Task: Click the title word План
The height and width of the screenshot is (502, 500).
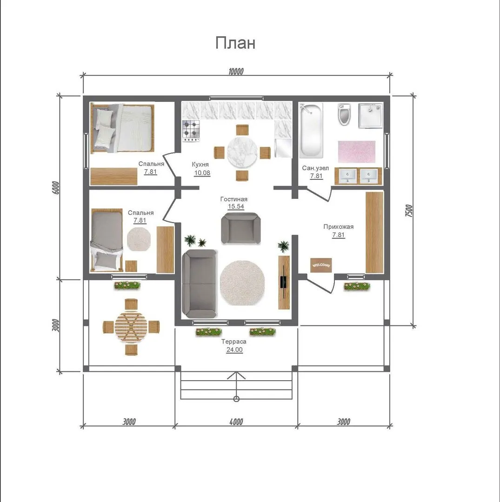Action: (x=235, y=43)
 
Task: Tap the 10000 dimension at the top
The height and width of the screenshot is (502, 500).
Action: (x=236, y=71)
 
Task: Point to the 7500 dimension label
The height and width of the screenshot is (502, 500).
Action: (x=409, y=211)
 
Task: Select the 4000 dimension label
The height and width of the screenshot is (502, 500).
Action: (x=236, y=422)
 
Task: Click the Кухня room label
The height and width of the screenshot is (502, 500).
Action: (x=200, y=164)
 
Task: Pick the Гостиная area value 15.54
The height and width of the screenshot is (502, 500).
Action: (x=236, y=206)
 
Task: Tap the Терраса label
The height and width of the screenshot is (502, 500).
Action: (x=234, y=342)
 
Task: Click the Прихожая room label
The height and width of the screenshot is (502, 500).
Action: (x=338, y=227)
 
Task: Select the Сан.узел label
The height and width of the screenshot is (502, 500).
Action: (x=315, y=168)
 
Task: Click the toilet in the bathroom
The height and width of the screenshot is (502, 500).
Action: (x=345, y=114)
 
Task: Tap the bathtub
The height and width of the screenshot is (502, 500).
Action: (x=311, y=131)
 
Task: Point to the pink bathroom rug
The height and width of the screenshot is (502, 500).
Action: (x=356, y=152)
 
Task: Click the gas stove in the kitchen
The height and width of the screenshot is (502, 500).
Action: (x=191, y=131)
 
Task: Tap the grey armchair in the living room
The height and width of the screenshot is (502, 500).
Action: (x=241, y=228)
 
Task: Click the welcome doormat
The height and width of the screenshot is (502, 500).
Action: (x=321, y=265)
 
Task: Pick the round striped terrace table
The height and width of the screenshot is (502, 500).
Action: (x=131, y=327)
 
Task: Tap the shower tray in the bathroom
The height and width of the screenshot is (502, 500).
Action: (x=371, y=116)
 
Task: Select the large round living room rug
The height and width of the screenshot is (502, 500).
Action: (x=242, y=283)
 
